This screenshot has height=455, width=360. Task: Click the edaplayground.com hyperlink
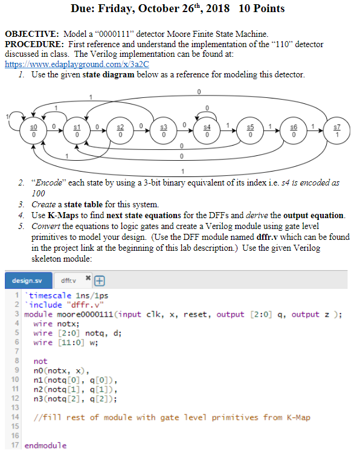pyautogui.click(x=77, y=64)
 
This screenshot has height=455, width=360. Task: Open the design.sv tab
pyautogui.click(x=28, y=280)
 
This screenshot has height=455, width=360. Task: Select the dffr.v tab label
pyautogui.click(x=68, y=280)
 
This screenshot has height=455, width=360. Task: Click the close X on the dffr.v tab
pyautogui.click(x=88, y=278)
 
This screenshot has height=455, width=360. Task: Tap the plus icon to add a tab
pyautogui.click(x=100, y=280)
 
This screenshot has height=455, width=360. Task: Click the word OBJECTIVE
pyautogui.click(x=31, y=34)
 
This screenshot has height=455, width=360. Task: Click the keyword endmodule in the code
pyautogui.click(x=45, y=445)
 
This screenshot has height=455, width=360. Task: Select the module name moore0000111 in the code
pyautogui.click(x=85, y=315)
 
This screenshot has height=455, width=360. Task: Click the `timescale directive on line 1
pyautogui.click(x=48, y=295)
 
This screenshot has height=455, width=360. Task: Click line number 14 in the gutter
pyautogui.click(x=15, y=417)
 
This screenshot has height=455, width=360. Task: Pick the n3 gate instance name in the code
pyautogui.click(x=38, y=399)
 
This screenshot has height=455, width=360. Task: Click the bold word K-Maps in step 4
pyautogui.click(x=63, y=215)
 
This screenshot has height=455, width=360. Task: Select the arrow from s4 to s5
pyautogui.click(x=228, y=131)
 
